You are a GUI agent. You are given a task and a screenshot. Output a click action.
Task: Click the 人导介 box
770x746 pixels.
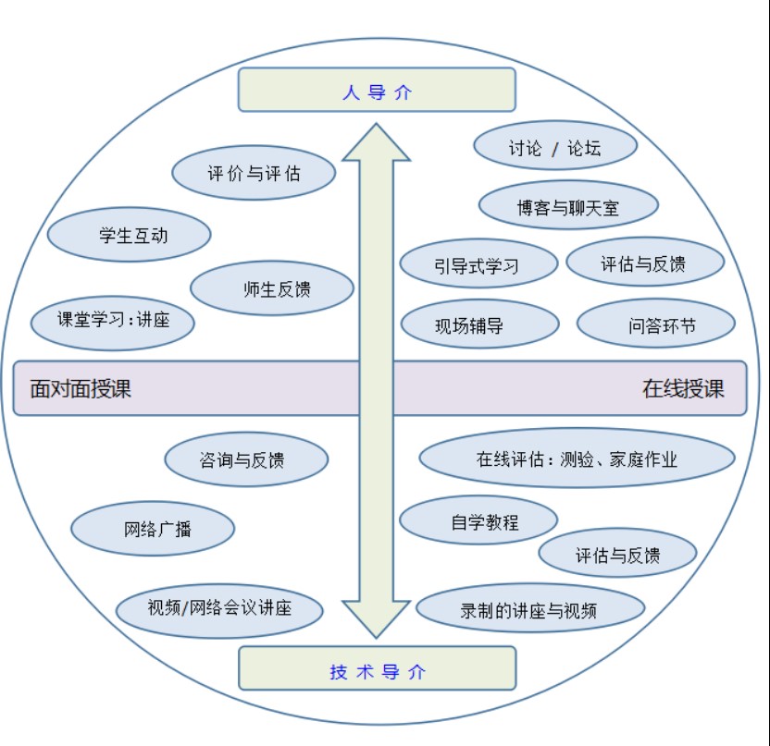(377, 91)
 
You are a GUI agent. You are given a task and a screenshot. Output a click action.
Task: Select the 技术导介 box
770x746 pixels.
(377, 668)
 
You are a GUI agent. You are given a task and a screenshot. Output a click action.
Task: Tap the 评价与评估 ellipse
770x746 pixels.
(254, 173)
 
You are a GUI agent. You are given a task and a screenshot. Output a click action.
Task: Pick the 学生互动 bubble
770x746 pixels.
(129, 235)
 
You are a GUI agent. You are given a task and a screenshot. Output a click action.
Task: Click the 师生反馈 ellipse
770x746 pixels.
(272, 288)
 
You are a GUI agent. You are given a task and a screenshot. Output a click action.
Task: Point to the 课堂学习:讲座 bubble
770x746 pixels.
(113, 322)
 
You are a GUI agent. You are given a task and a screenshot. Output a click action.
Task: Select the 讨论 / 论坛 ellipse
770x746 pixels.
(554, 147)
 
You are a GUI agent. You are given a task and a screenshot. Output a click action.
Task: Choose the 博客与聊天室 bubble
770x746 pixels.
(568, 206)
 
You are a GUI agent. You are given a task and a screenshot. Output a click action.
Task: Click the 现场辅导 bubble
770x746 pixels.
(479, 324)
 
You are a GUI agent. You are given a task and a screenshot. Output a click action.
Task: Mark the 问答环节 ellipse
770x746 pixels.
(655, 324)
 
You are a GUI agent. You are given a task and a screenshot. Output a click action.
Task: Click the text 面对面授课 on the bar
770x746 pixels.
(81, 388)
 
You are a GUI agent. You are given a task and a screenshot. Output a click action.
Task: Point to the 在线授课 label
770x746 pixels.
(682, 388)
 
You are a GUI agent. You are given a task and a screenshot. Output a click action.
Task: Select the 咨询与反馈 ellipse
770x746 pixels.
(246, 459)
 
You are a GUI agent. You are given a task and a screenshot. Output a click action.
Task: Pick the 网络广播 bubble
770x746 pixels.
(153, 530)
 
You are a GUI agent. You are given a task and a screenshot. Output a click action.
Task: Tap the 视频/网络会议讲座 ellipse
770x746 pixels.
(219, 609)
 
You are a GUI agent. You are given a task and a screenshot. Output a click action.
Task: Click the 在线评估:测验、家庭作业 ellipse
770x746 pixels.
(577, 459)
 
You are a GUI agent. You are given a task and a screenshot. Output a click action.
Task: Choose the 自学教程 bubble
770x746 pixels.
(478, 521)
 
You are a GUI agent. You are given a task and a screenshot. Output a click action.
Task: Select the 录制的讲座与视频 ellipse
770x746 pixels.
(529, 609)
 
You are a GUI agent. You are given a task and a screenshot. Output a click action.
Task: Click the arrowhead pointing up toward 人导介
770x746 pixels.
(377, 144)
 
